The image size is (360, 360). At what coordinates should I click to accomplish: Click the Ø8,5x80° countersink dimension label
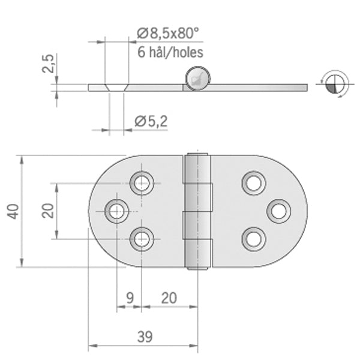click(x=167, y=34)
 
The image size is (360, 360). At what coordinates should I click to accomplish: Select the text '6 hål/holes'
click(x=170, y=52)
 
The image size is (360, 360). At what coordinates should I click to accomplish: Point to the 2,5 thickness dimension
click(x=48, y=64)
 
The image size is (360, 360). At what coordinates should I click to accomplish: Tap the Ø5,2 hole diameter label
click(x=151, y=121)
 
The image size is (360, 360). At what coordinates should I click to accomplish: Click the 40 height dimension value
click(x=13, y=211)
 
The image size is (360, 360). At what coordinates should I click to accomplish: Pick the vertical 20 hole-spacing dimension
click(x=48, y=211)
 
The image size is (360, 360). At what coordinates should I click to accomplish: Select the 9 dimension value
click(x=130, y=298)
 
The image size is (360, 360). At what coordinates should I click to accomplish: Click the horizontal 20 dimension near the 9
click(x=169, y=298)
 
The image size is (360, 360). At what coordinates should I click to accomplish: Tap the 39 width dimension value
click(x=145, y=337)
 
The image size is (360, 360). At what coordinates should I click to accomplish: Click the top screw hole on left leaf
click(x=142, y=183)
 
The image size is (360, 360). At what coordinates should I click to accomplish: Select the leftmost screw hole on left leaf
click(x=116, y=211)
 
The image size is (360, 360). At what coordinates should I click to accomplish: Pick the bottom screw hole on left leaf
click(x=142, y=239)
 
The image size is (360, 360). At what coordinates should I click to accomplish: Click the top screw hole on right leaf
click(x=254, y=183)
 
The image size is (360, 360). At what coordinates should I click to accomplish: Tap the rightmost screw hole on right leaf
click(x=279, y=211)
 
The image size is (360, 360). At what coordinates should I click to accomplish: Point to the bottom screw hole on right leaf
click(x=254, y=239)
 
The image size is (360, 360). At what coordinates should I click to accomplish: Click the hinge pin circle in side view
click(x=197, y=79)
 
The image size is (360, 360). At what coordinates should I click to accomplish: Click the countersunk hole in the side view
click(x=116, y=88)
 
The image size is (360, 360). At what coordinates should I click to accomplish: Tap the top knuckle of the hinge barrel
click(x=197, y=168)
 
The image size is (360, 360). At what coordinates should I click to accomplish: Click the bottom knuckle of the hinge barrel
click(x=198, y=254)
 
